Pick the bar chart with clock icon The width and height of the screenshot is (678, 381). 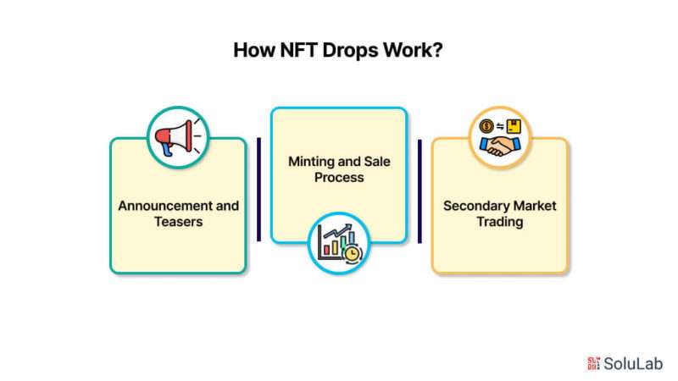click(338, 243)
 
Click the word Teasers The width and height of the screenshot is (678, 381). click(178, 223)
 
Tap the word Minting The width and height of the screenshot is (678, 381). click(313, 161)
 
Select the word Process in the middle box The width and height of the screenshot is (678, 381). click(339, 178)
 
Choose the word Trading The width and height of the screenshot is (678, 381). click(500, 223)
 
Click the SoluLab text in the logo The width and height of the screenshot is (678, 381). click(632, 363)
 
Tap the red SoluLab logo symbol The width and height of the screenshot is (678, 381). click(592, 363)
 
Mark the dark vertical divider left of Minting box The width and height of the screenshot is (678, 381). click(259, 189)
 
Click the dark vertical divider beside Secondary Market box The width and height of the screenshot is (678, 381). click(420, 189)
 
